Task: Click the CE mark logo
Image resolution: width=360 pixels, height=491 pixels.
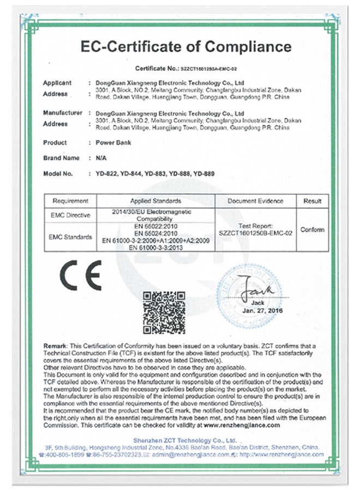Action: coord(81,277)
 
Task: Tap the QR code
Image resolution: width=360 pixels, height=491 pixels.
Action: coord(164,312)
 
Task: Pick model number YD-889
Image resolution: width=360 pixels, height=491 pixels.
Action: coord(203,173)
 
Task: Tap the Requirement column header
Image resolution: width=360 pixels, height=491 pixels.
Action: coord(67,201)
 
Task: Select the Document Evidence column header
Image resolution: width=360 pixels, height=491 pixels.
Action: coord(256,201)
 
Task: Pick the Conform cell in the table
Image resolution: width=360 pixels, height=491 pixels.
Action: coord(312,230)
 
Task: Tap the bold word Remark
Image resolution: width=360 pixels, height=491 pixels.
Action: coord(55,347)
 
